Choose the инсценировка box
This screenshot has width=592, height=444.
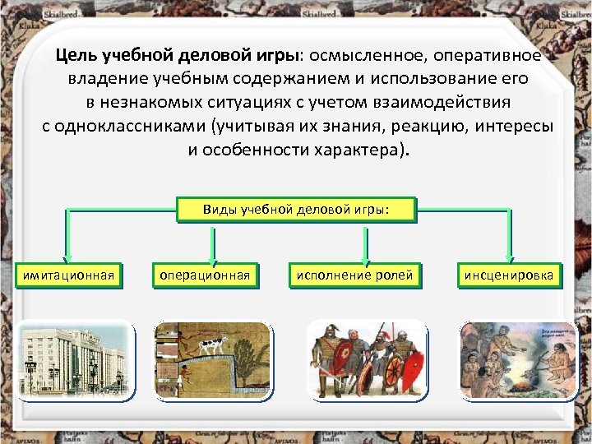coord(509,275)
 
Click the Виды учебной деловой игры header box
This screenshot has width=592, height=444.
coord(296,209)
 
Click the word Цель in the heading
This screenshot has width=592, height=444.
coord(76,56)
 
